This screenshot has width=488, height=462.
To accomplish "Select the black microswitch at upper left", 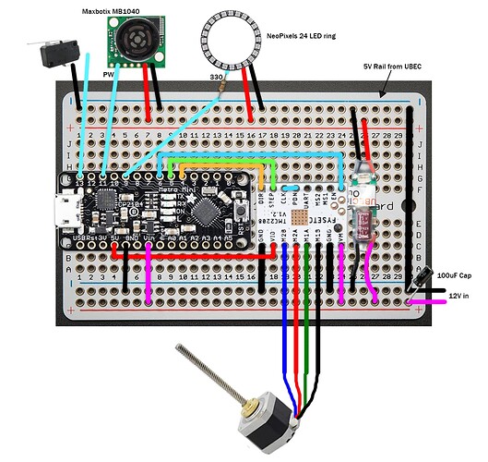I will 54,55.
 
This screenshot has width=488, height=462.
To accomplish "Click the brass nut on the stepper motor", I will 248,403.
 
